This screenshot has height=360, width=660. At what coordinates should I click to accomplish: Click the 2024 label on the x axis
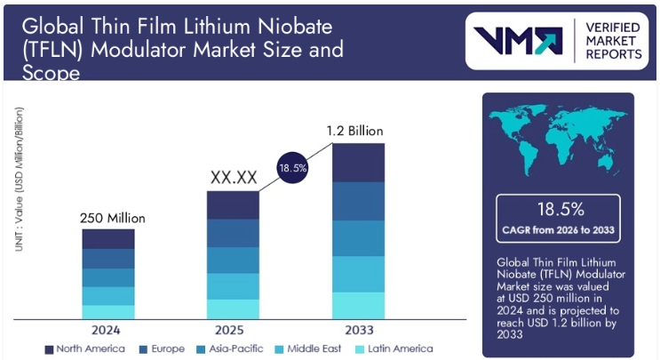click(x=108, y=329)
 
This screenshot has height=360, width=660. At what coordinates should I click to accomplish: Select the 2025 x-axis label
click(x=233, y=329)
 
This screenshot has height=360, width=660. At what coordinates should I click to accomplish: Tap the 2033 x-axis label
click(x=358, y=329)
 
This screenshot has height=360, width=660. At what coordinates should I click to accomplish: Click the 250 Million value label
click(x=108, y=218)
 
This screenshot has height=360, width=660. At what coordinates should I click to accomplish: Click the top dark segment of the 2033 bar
click(x=358, y=162)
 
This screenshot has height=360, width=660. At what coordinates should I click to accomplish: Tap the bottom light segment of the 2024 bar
click(x=108, y=312)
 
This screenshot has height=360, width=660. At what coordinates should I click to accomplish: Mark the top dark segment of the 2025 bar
click(x=233, y=204)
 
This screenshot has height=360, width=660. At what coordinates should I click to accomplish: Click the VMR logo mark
click(x=516, y=41)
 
